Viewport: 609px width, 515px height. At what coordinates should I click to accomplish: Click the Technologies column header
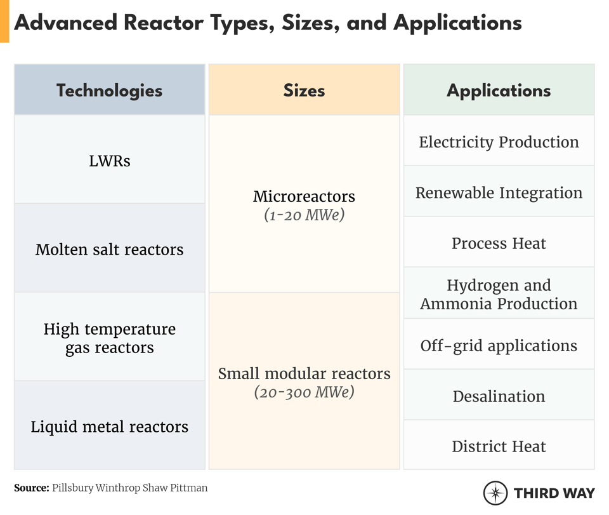click(x=109, y=90)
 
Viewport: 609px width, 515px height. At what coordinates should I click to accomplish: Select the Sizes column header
click(x=304, y=90)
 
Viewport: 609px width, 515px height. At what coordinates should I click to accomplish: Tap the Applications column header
click(x=499, y=90)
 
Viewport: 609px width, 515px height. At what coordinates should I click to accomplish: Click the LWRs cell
click(x=109, y=161)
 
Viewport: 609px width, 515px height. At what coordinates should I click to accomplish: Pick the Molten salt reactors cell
click(x=109, y=249)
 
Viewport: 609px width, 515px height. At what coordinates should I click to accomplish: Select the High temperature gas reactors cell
click(x=109, y=338)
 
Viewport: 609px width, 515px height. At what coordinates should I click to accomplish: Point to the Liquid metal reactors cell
click(x=109, y=426)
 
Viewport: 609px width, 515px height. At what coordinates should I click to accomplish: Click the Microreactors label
click(x=304, y=196)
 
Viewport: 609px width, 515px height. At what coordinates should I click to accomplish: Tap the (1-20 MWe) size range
click(x=304, y=215)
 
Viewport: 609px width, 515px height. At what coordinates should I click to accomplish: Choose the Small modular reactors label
click(x=304, y=373)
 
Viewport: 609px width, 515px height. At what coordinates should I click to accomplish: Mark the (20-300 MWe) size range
click(x=304, y=392)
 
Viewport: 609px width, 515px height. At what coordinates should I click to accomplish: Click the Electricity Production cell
click(x=499, y=142)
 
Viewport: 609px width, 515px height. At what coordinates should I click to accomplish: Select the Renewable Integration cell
click(x=499, y=192)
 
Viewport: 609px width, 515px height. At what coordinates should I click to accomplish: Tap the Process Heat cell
click(x=499, y=243)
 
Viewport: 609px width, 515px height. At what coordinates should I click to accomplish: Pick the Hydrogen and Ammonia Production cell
click(x=499, y=294)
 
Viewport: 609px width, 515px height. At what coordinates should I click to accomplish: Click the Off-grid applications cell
click(x=499, y=345)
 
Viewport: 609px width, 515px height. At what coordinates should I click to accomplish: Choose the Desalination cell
click(x=499, y=396)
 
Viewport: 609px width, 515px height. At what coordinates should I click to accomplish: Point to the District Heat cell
click(x=499, y=446)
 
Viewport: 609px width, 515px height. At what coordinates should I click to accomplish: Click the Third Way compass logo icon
click(x=495, y=493)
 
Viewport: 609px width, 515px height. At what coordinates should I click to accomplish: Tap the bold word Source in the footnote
click(x=31, y=488)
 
